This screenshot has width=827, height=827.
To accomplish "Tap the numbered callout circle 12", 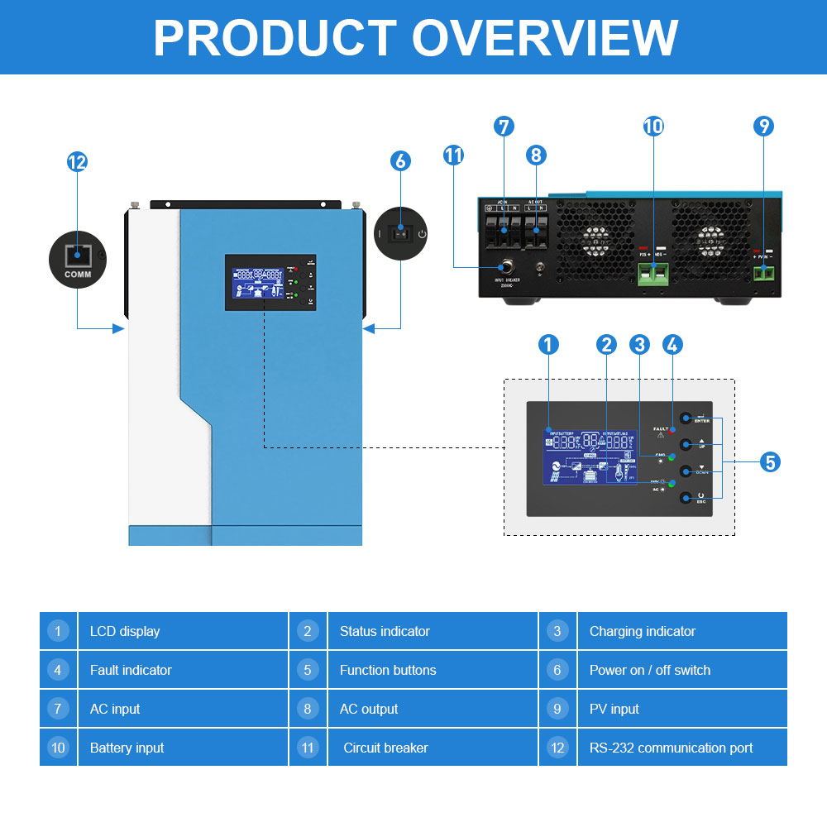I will pyautogui.click(x=77, y=162).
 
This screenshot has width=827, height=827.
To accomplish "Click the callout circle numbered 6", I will pyautogui.click(x=400, y=160).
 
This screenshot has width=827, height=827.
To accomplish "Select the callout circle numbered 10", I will pyautogui.click(x=653, y=127).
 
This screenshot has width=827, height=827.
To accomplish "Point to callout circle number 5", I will pyautogui.click(x=770, y=462).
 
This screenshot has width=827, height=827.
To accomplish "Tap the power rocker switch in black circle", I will pyautogui.click(x=400, y=233).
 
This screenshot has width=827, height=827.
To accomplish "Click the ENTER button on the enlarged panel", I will pyautogui.click(x=686, y=418).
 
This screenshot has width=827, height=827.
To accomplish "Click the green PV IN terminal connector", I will pyautogui.click(x=764, y=272).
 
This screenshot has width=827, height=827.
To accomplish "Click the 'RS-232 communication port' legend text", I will pyautogui.click(x=671, y=748).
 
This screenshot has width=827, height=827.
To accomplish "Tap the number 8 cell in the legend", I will pyautogui.click(x=308, y=709).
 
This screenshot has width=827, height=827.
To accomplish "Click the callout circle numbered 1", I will pyautogui.click(x=548, y=345).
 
